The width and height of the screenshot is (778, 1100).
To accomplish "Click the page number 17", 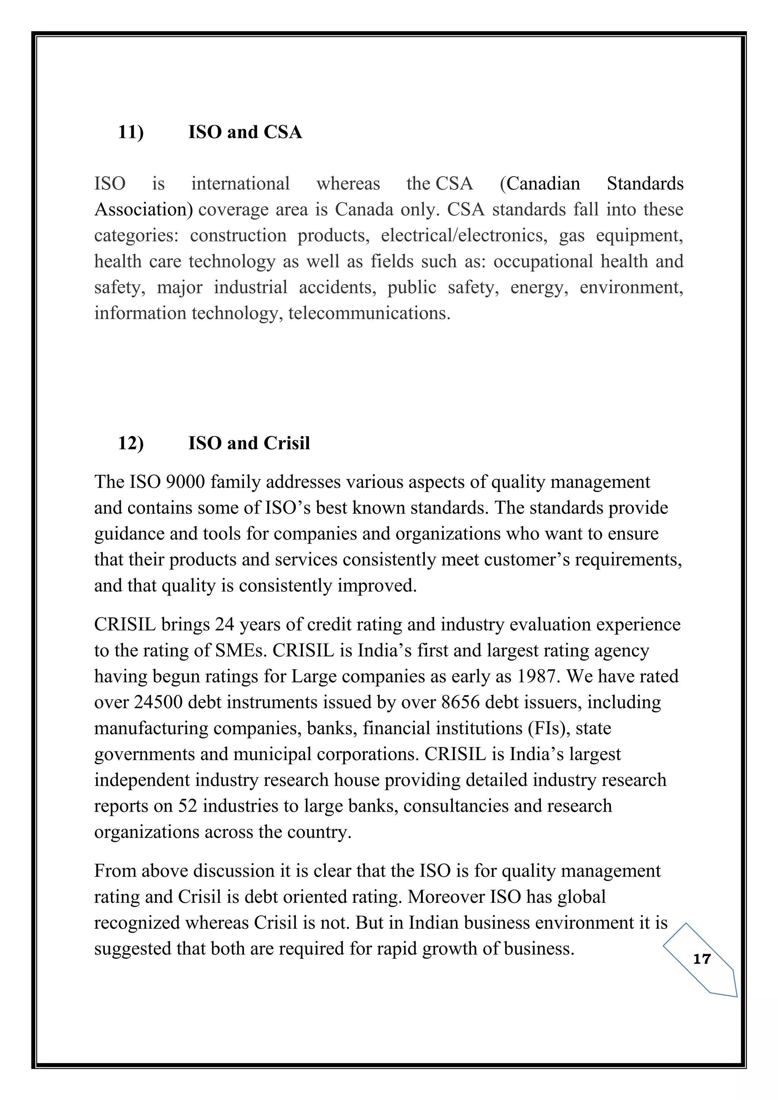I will (702, 959).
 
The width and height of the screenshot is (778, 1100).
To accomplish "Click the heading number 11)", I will (131, 132).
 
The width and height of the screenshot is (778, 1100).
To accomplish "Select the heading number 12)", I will (131, 443).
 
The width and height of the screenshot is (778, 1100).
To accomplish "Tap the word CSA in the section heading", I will (283, 132).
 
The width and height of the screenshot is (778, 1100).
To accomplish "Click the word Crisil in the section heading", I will (286, 443).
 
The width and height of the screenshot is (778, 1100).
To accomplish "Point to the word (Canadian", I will (539, 184).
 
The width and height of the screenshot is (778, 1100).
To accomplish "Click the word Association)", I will (144, 210).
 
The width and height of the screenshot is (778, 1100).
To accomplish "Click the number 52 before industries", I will (188, 806).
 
